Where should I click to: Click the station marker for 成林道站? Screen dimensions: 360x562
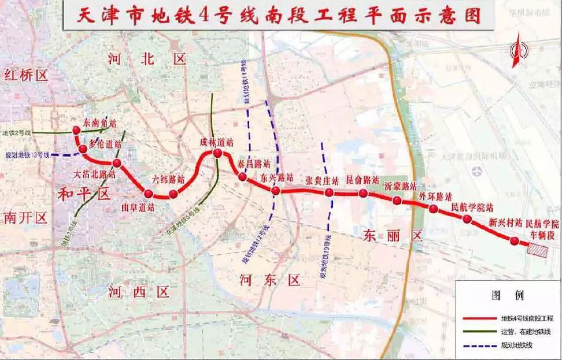tap(218, 153)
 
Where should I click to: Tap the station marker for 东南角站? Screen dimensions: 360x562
tap(76, 131)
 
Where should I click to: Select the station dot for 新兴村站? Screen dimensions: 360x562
tap(514, 240)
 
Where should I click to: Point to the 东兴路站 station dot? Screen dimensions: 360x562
tap(276, 191)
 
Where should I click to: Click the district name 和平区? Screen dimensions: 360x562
tap(84, 194)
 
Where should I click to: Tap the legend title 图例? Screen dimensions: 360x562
tap(507, 295)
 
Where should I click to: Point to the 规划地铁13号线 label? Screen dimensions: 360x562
tap(27, 155)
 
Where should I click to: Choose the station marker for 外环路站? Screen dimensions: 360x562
tap(433, 209)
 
